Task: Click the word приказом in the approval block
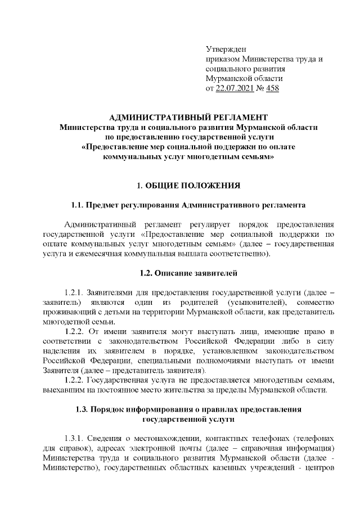point(223,59)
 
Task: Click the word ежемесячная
point(91,254)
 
